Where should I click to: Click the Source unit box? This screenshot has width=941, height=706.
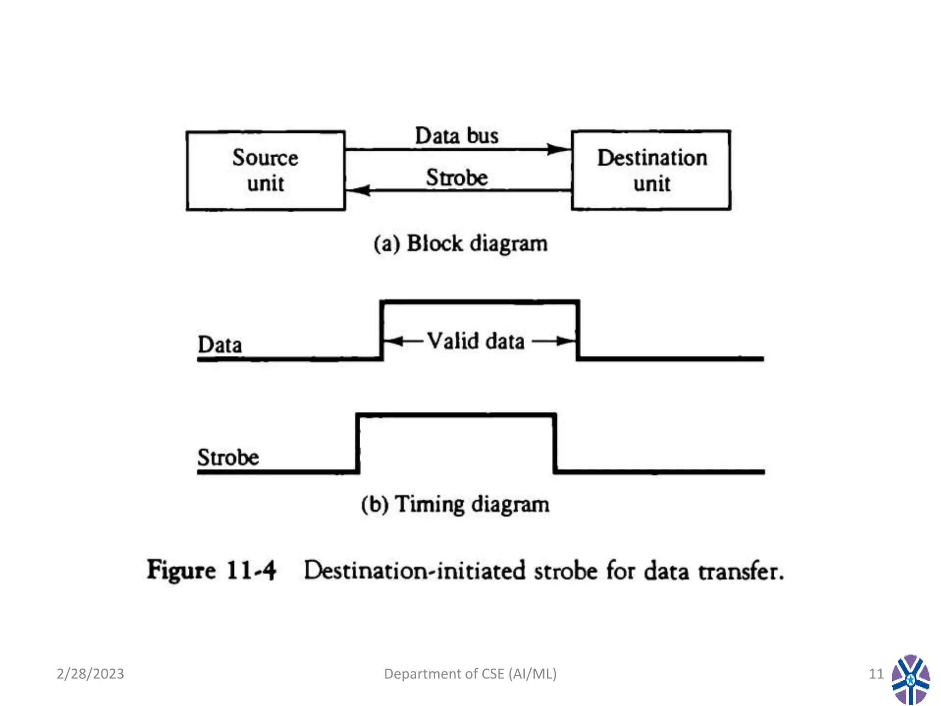point(266,171)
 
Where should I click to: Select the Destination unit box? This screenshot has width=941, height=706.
point(651,171)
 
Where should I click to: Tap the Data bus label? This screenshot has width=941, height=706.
point(456,136)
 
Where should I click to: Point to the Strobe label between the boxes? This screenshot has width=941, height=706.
point(456,177)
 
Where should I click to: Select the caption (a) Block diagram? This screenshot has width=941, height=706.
point(460,243)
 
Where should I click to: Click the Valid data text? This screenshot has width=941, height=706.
point(476,341)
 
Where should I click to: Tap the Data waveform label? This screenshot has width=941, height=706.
point(220,345)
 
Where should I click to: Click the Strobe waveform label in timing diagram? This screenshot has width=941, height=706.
point(228,457)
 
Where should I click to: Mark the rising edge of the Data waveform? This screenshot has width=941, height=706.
point(381,330)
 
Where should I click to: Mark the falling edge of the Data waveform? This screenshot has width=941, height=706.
point(578,330)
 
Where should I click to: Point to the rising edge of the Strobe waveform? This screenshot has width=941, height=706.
point(358,444)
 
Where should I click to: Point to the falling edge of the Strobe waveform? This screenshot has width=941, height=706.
point(555,444)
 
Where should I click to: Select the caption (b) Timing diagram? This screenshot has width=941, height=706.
point(455,504)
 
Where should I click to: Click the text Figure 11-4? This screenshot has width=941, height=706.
point(211,570)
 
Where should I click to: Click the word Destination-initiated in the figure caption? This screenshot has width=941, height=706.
point(414,571)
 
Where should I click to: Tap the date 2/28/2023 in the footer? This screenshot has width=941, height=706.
point(90,674)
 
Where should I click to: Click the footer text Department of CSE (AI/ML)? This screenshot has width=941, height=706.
point(470,674)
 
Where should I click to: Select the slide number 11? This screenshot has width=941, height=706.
point(876,674)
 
